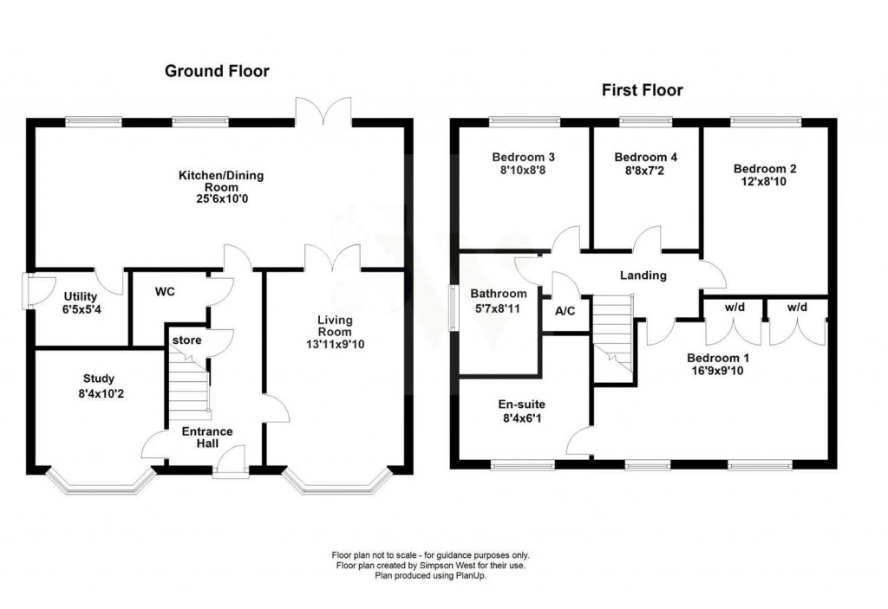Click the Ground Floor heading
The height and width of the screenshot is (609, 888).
(x=217, y=71)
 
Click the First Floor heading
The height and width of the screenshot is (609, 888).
(x=643, y=90)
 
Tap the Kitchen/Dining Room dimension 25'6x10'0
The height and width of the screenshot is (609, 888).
(x=221, y=199)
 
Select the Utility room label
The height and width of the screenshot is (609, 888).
(x=81, y=296)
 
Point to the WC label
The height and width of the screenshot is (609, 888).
(x=165, y=291)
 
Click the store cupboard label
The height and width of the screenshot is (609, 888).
(x=187, y=340)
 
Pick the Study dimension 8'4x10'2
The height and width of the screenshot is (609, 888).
(x=101, y=393)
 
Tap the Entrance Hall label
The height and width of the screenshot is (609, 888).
(x=207, y=437)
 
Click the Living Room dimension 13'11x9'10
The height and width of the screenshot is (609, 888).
(x=336, y=344)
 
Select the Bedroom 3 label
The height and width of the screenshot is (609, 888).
(x=523, y=157)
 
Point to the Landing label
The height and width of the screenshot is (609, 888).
(x=643, y=275)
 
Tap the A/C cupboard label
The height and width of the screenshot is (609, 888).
(x=565, y=311)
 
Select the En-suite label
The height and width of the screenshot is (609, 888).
(x=521, y=404)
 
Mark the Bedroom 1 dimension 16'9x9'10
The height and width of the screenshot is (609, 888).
(x=717, y=372)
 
